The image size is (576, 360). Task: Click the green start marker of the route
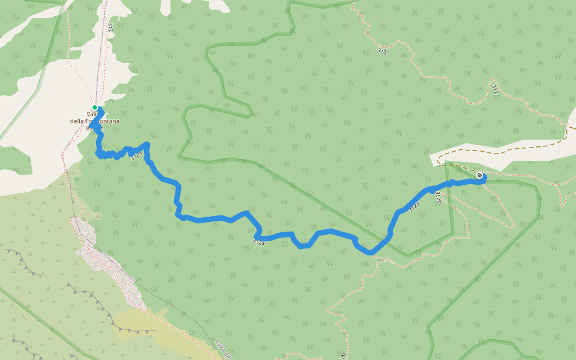pyautogui.click(x=95, y=107)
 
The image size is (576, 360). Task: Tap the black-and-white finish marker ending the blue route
pyautogui.click(x=479, y=175)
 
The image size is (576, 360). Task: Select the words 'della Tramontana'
pyautogui.click(x=95, y=121)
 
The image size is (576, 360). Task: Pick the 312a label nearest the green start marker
pyautogui.click(x=137, y=155)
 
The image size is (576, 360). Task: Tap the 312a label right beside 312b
pyautogui.click(x=415, y=207)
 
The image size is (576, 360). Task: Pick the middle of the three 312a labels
pyautogui.click(x=258, y=242)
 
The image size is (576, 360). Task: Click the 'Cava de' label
pyautogui.click(x=223, y=348)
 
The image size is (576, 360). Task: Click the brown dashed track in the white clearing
pyautogui.click(x=510, y=151)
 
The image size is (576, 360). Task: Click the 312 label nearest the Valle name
pyautogui.click(x=110, y=27)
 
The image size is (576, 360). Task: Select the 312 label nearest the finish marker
pyautogui.click(x=495, y=91)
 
